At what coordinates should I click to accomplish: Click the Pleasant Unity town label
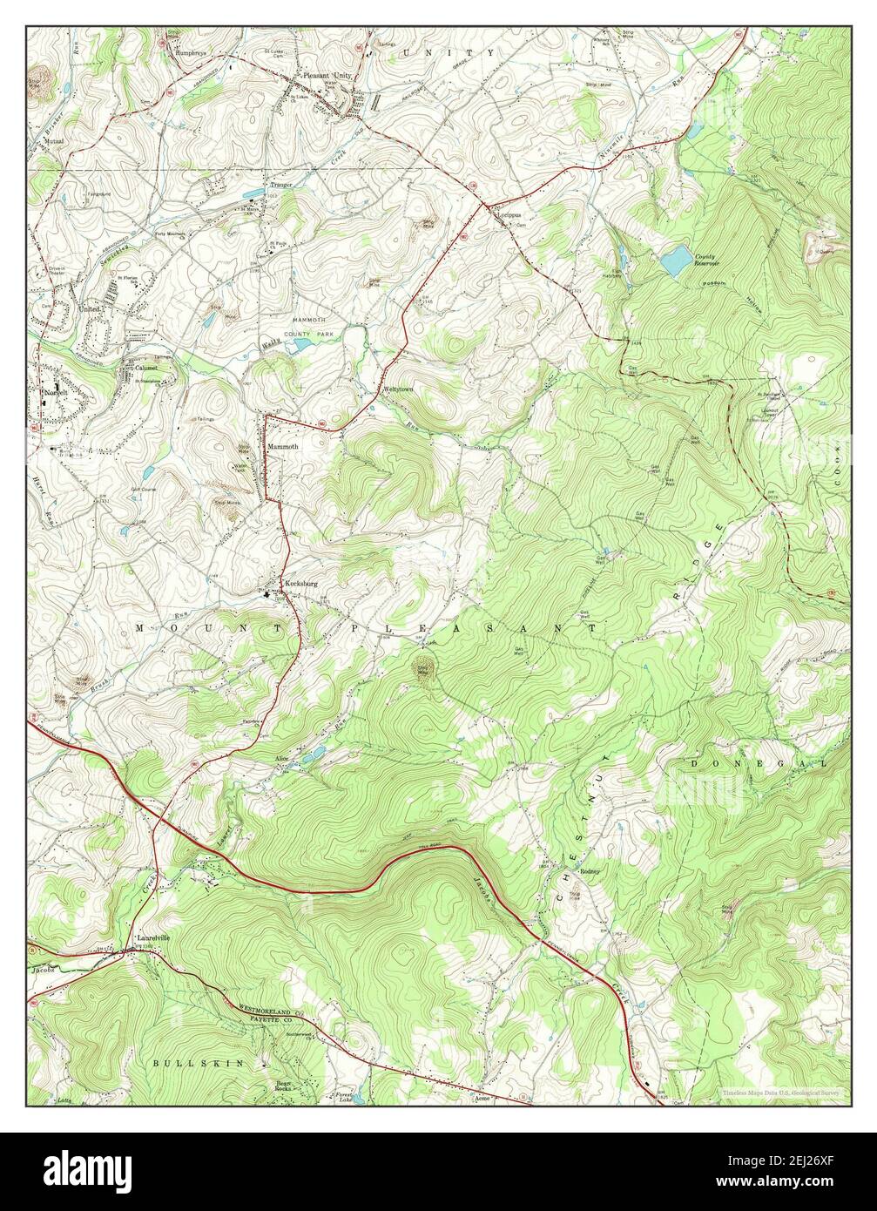327,76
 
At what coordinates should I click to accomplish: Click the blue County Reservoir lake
673,260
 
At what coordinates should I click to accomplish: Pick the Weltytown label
397,389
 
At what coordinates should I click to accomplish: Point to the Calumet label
145,369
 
